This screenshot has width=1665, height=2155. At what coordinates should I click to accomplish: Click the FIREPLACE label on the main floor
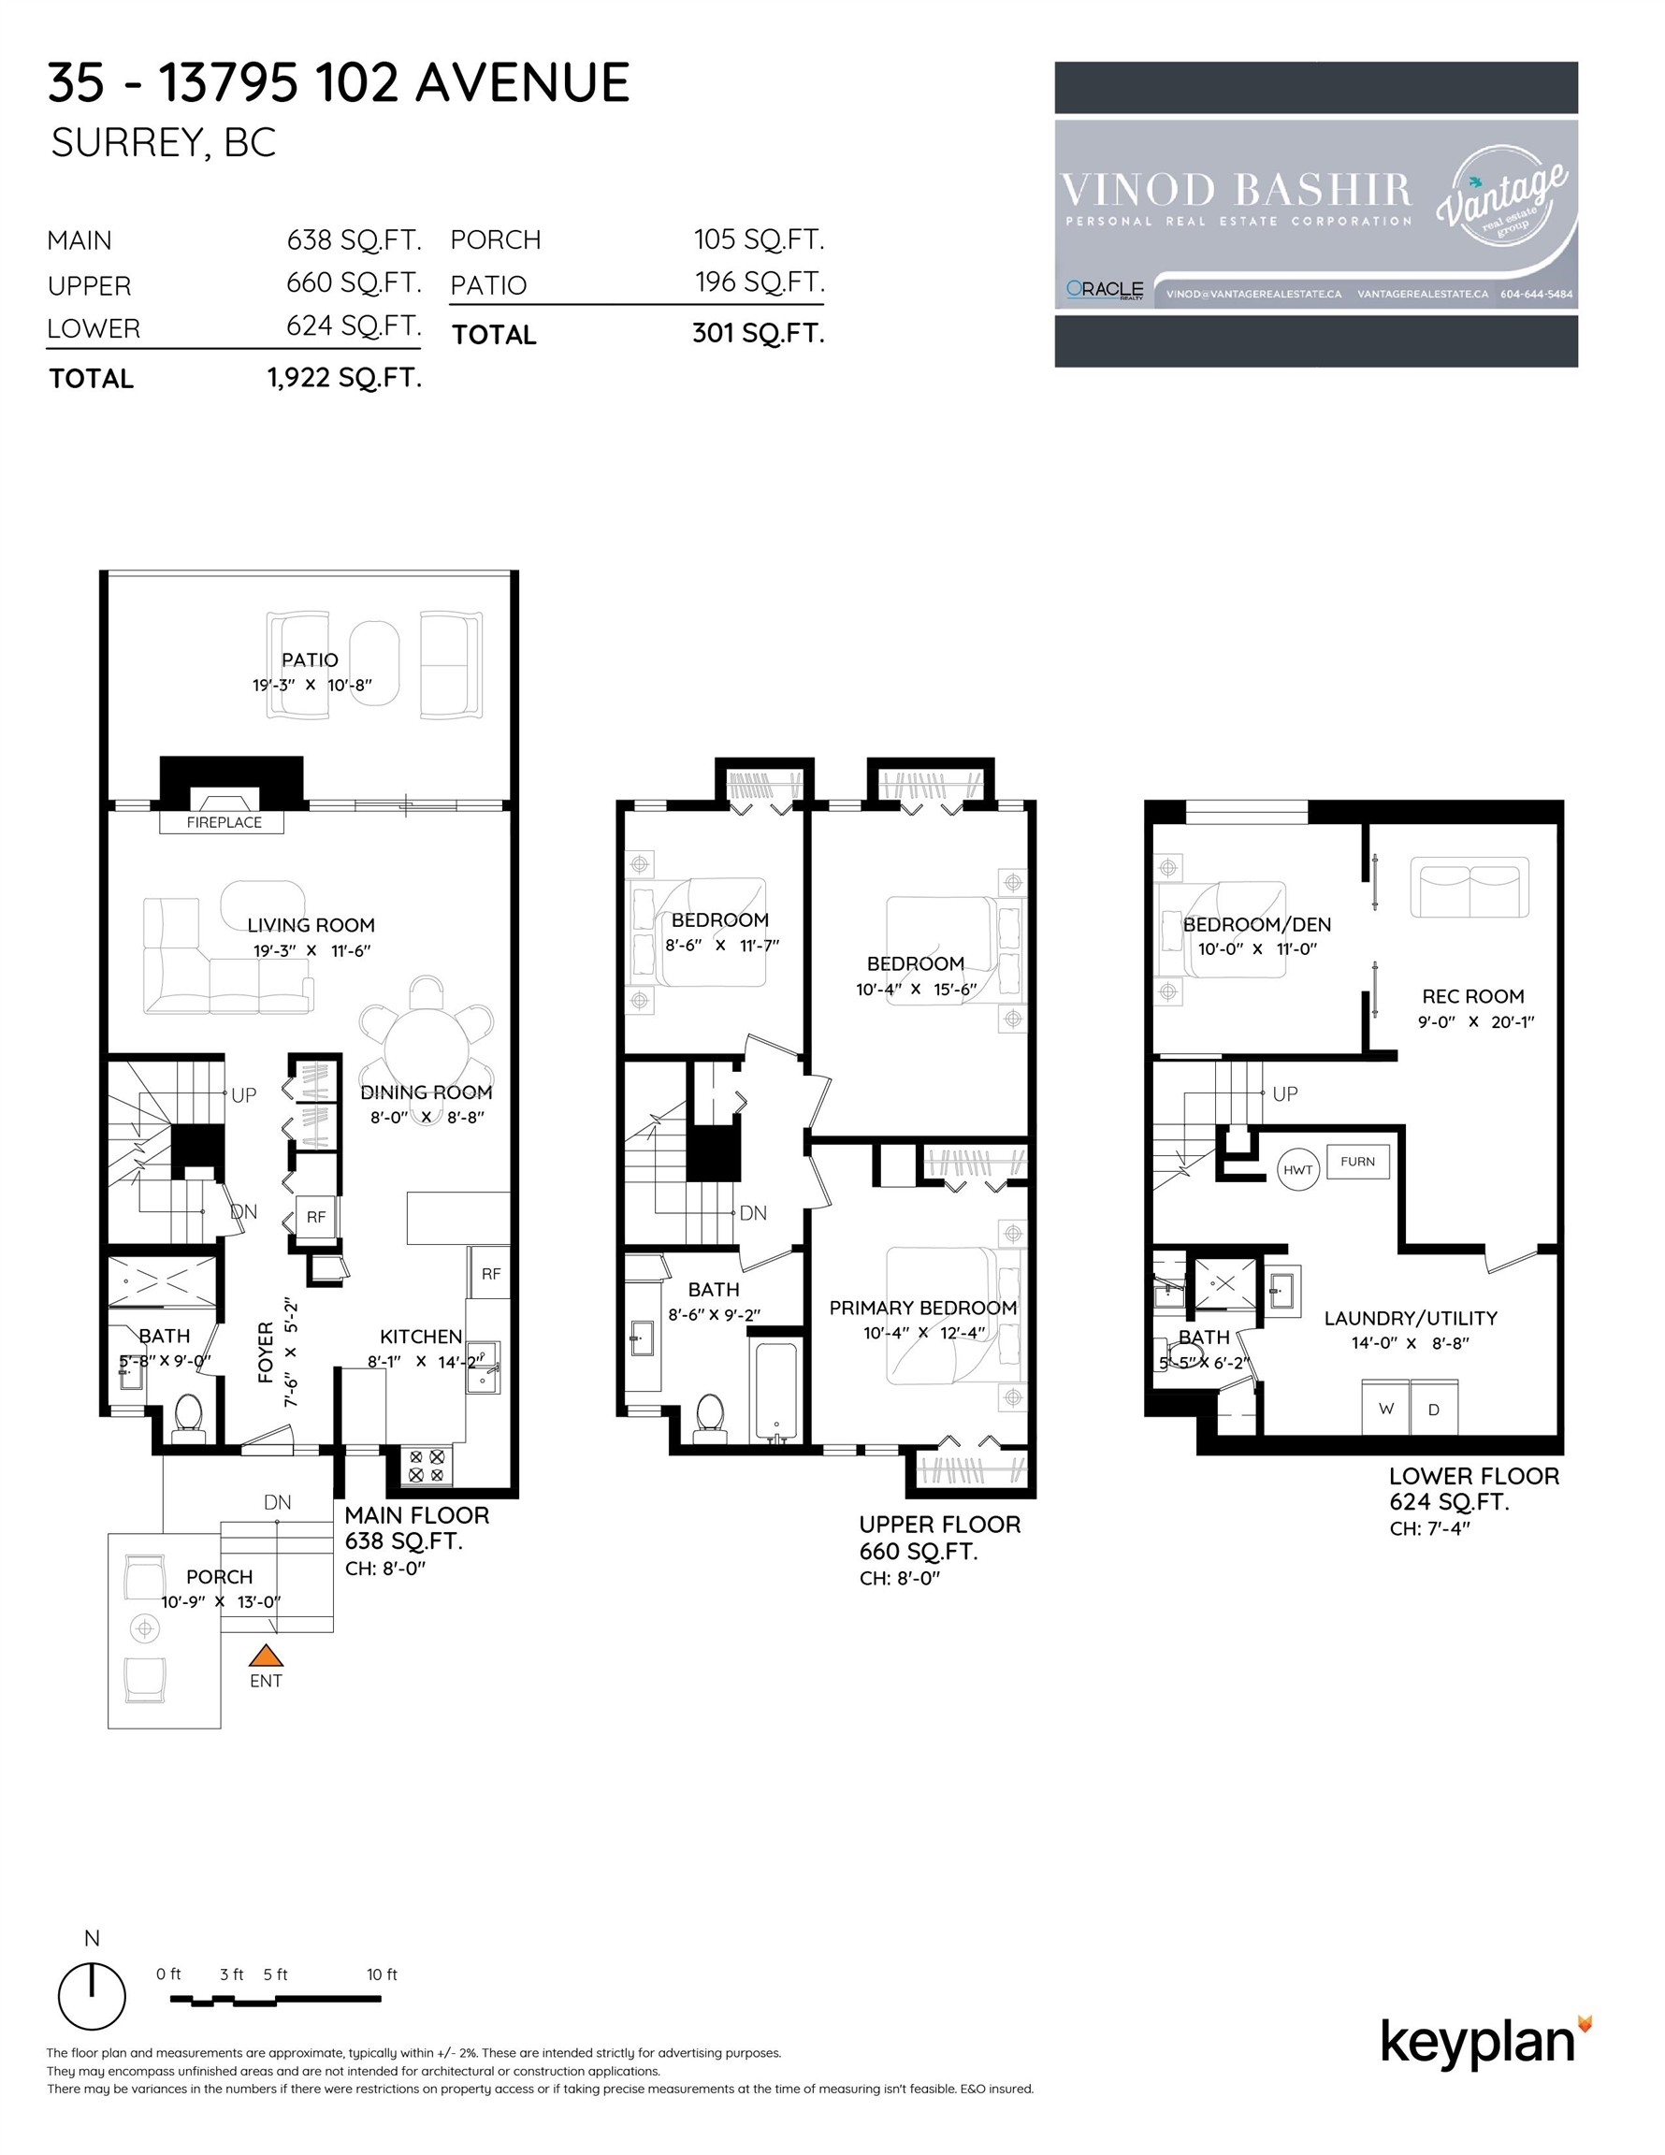tap(224, 822)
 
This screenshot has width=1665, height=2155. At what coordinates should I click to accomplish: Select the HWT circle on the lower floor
tap(1297, 1170)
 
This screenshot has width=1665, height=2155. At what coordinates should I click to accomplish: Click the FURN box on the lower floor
tap(1358, 1162)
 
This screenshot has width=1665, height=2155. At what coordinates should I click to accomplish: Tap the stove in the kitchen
tap(427, 1466)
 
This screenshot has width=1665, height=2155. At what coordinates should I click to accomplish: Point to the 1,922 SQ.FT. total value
tap(344, 378)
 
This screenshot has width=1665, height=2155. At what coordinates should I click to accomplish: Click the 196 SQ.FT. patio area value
tap(759, 282)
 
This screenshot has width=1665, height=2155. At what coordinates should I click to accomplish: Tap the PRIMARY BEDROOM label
tap(923, 1308)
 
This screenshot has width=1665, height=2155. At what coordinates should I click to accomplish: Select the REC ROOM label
tap(1472, 996)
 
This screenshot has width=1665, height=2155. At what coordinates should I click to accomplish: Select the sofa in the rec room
tap(1470, 887)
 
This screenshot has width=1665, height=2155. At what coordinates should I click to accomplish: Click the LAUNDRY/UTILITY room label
tap(1411, 1318)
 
